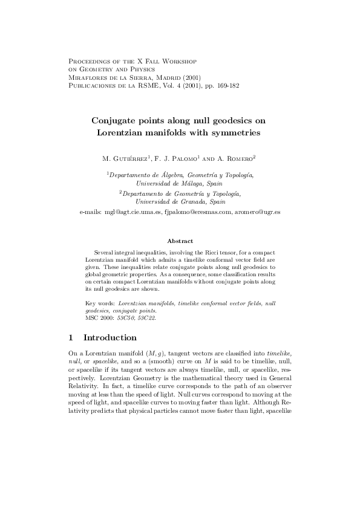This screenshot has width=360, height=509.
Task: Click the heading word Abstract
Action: click(x=180, y=241)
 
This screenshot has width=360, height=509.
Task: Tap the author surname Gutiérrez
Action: click(x=128, y=159)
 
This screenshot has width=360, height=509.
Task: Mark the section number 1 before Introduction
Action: click(x=71, y=337)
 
